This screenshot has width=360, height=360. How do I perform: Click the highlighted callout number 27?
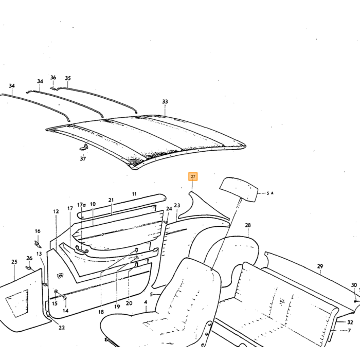pyautogui.click(x=193, y=176)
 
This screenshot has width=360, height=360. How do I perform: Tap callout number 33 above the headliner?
pyautogui.click(x=165, y=101)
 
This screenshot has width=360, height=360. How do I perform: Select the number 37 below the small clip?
pyautogui.click(x=83, y=158)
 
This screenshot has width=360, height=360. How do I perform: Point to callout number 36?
pyautogui.click(x=53, y=77)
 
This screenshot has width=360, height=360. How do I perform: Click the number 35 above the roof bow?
pyautogui.click(x=68, y=78)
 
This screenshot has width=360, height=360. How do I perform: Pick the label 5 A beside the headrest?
pyautogui.click(x=270, y=193)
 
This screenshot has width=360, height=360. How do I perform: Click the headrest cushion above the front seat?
pyautogui.click(x=239, y=189)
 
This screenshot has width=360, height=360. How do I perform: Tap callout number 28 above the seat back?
pyautogui.click(x=248, y=225)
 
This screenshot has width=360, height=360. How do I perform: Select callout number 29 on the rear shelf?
pyautogui.click(x=320, y=266)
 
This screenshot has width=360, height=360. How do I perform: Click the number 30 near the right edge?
pyautogui.click(x=354, y=285)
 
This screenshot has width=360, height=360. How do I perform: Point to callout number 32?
pyautogui.click(x=350, y=322)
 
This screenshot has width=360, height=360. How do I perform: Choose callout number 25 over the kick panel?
pyautogui.click(x=14, y=262)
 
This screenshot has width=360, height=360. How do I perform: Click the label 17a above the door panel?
pyautogui.click(x=81, y=205)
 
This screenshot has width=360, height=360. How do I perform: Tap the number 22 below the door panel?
pyautogui.click(x=62, y=328)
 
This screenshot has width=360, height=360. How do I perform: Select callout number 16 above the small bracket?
pyautogui.click(x=38, y=231)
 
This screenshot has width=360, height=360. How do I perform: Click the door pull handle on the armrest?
pyautogui.click(x=82, y=249)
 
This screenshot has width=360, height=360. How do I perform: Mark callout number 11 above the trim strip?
pyautogui.click(x=134, y=194)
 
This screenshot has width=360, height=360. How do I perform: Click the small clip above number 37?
pyautogui.click(x=84, y=147)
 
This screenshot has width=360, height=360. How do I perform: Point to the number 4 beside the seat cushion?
pyautogui.click(x=146, y=302)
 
